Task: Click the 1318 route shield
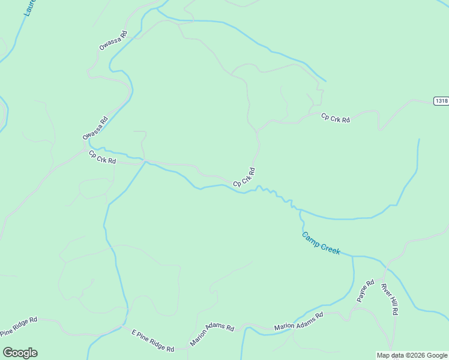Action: (441, 101)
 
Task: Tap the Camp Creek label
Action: (321, 244)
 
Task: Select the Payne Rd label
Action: (366, 290)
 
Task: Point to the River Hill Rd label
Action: (390, 298)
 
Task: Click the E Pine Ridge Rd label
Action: (152, 340)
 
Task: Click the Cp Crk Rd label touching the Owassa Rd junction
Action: (102, 157)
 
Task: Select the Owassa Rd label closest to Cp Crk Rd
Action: (95, 128)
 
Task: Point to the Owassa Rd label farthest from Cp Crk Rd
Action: (113, 40)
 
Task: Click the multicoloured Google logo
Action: (20, 353)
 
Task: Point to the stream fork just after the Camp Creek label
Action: (353, 256)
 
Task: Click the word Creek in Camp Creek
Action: (330, 247)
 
